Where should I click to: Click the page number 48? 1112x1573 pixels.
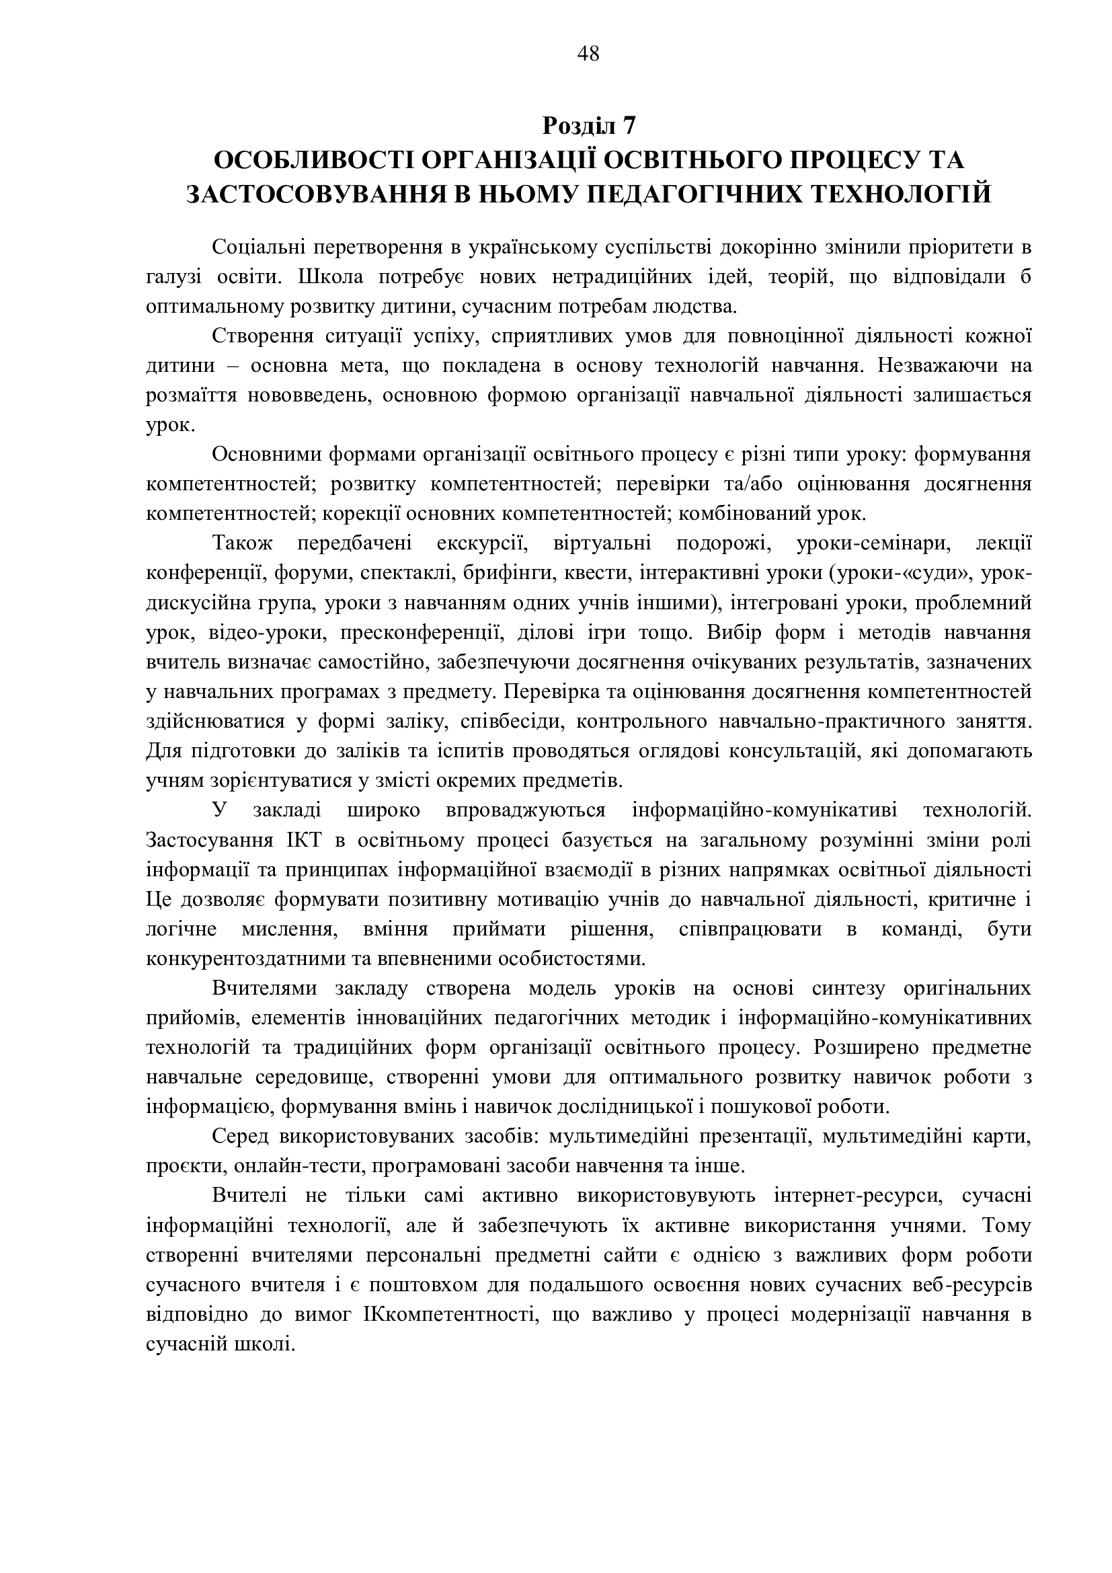(588, 53)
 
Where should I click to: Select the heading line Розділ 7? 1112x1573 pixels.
(589, 125)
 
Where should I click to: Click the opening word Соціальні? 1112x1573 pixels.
(264, 247)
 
